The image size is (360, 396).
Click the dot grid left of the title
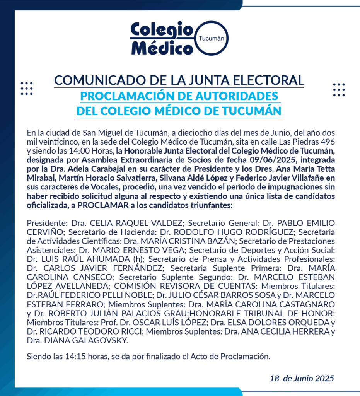pos(27,89)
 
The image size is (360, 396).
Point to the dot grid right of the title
pos(339,90)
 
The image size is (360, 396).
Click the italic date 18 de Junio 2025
pos(302,378)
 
